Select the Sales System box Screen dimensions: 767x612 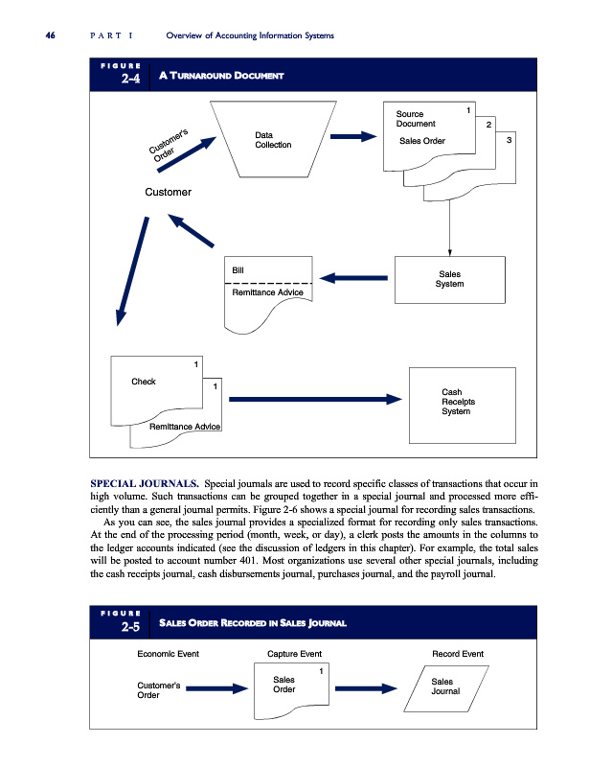click(448, 278)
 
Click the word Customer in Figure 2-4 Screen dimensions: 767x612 click(168, 193)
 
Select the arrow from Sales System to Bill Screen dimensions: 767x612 click(354, 279)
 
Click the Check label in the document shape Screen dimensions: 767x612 click(144, 383)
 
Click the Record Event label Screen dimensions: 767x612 click(458, 654)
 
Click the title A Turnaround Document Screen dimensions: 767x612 click(226, 76)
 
